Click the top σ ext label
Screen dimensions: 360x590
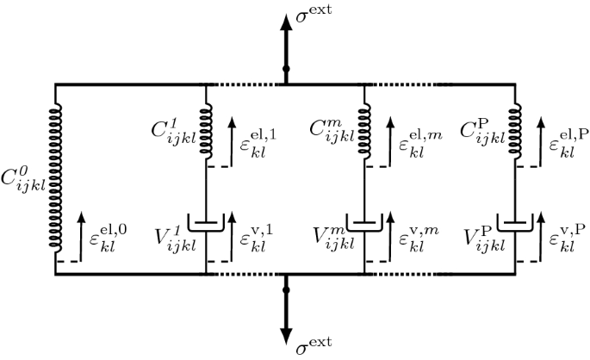[x=314, y=15]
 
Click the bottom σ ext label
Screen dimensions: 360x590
[x=314, y=347]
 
